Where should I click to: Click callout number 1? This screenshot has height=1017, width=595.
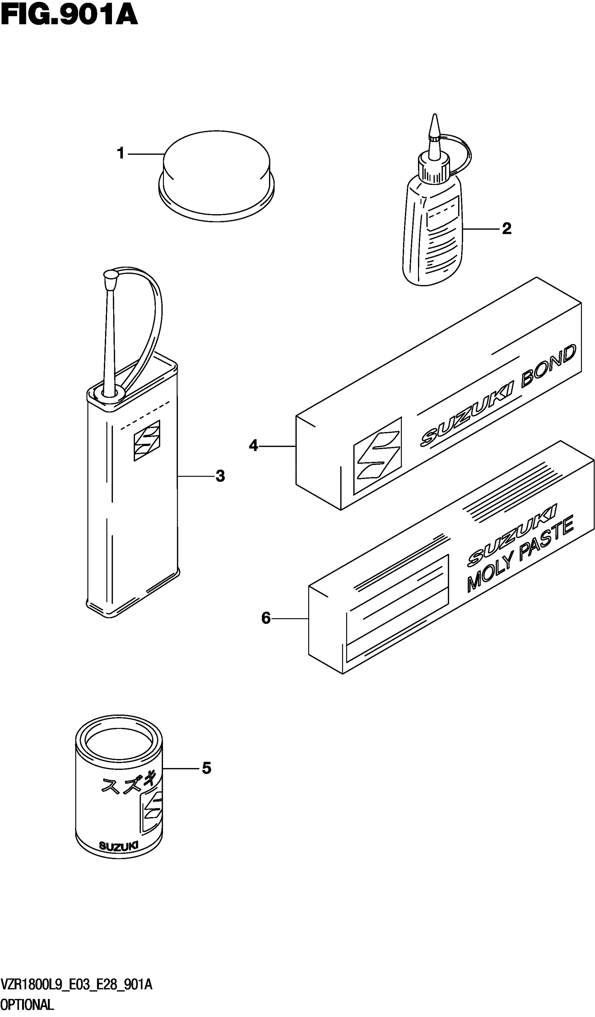tap(120, 153)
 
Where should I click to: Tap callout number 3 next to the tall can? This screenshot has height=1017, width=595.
tap(220, 476)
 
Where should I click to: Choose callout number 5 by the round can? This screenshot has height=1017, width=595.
tap(206, 768)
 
